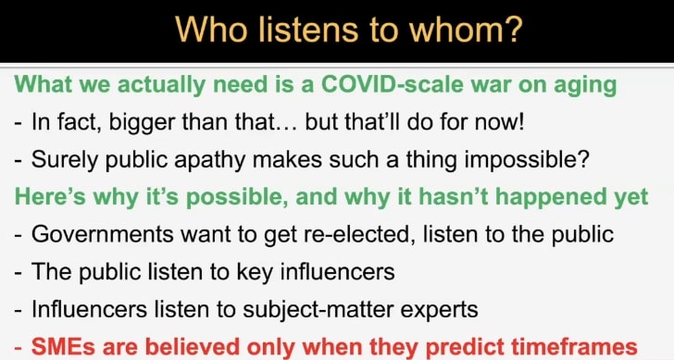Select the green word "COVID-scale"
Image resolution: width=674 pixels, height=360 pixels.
point(393,84)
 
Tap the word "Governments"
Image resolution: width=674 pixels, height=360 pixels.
point(103,234)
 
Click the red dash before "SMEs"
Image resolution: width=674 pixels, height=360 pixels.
point(19,349)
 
